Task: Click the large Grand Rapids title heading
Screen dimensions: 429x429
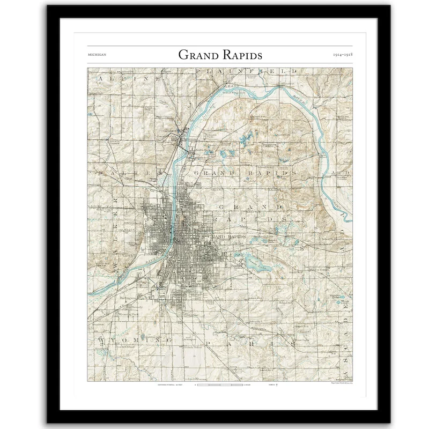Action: point(220,55)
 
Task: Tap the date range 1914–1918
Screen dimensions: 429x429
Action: point(342,55)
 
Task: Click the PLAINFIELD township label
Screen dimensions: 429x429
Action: point(246,71)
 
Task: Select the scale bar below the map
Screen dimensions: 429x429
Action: point(220,385)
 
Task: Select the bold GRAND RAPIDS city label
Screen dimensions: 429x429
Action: point(227,236)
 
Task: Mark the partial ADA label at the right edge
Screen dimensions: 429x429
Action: point(343,173)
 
